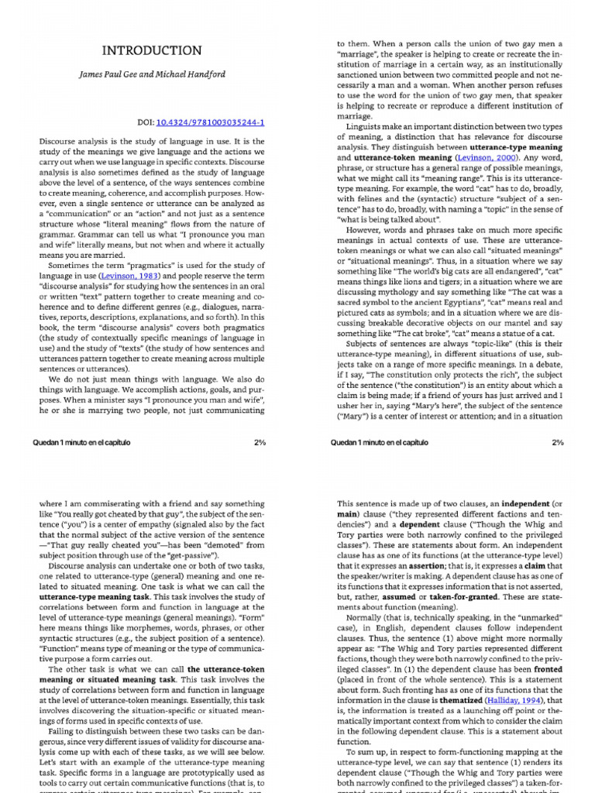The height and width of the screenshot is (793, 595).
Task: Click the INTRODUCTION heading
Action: tap(152, 50)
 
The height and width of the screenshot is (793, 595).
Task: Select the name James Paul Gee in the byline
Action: tap(112, 74)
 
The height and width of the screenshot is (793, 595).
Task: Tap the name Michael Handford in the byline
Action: tap(194, 74)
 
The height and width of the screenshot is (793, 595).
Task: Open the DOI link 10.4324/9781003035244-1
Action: tap(211, 123)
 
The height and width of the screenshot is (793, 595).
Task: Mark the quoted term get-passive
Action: tap(200, 555)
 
